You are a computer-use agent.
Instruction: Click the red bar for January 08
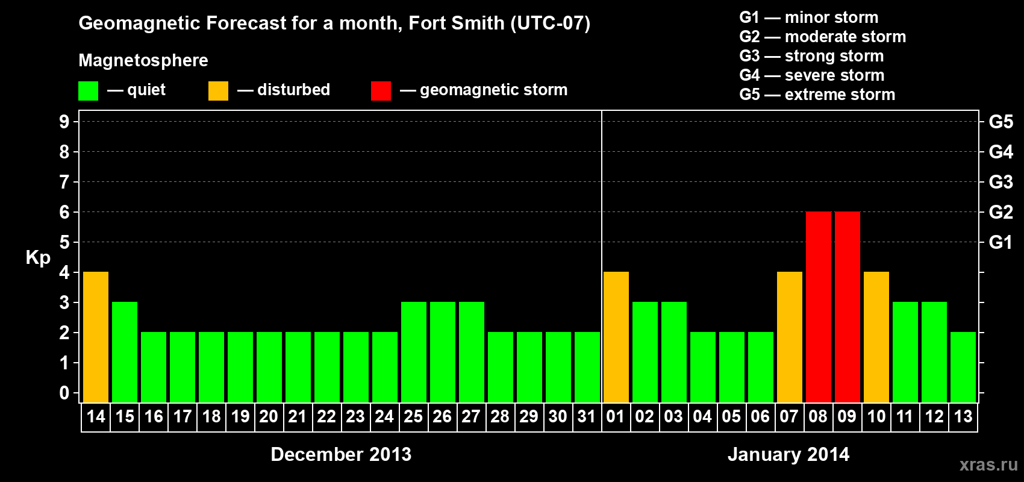(x=818, y=307)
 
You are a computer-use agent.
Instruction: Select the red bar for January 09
(x=847, y=307)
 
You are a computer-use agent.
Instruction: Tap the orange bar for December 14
(x=96, y=337)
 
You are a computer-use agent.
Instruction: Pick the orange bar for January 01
(x=616, y=337)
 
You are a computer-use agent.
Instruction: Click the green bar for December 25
(x=413, y=352)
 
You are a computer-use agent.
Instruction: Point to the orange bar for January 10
(x=876, y=337)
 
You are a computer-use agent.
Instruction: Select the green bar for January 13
(x=963, y=367)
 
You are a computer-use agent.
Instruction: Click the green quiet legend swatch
(x=88, y=91)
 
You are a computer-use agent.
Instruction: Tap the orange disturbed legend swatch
(x=218, y=91)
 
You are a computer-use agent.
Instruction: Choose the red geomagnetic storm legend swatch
(x=381, y=91)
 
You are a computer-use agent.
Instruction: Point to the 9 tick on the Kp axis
(x=64, y=122)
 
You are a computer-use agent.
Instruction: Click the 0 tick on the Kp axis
(x=64, y=393)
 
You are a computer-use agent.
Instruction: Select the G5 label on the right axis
(x=1001, y=122)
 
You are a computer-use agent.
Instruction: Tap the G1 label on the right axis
(x=1001, y=242)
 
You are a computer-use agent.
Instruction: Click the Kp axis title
(x=38, y=258)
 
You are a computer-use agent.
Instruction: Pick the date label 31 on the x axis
(x=587, y=416)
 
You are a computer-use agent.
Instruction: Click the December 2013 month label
(x=341, y=454)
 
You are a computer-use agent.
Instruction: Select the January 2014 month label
(x=788, y=454)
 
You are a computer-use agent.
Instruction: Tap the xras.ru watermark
(x=988, y=465)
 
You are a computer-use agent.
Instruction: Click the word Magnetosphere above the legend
(x=143, y=60)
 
